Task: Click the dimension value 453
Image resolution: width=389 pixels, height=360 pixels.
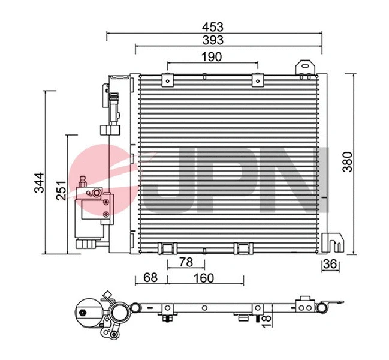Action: tap(213, 26)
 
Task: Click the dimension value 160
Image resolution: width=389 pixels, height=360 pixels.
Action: tap(204, 278)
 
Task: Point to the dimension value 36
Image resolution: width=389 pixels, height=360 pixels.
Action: tap(330, 265)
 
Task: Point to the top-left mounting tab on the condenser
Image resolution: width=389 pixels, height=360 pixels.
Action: tap(167, 77)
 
